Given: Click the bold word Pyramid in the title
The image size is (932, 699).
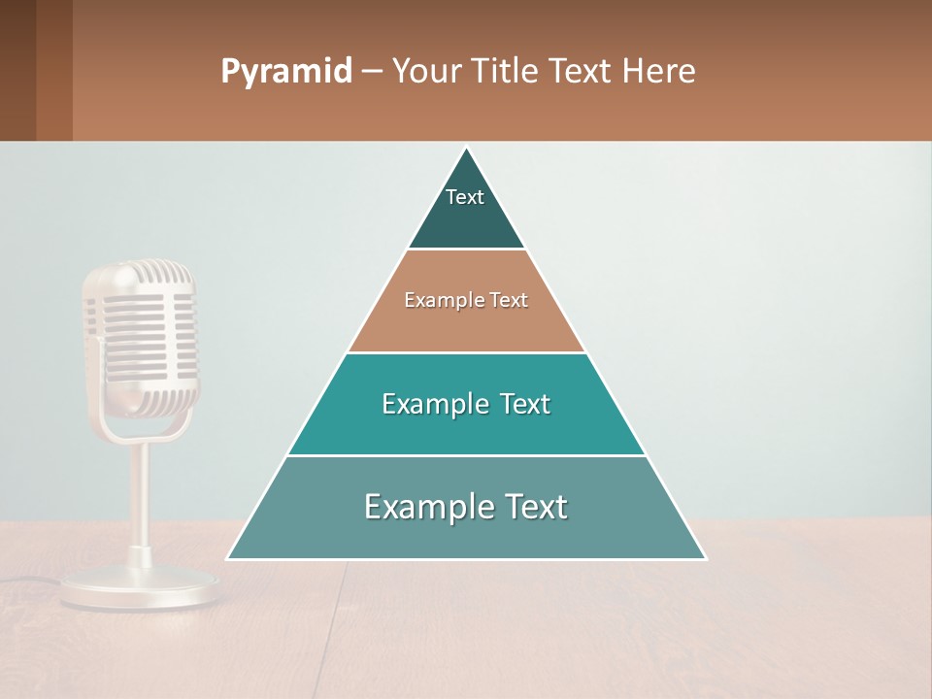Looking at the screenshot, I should [285, 72].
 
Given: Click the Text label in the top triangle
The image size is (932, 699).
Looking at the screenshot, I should [465, 197].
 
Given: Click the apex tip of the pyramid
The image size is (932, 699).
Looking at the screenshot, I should [466, 149].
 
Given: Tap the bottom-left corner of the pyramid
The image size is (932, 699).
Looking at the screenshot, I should [229, 558].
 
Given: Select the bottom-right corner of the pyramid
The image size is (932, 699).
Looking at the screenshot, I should [704, 558].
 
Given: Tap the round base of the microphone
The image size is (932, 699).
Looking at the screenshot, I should [141, 587].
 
